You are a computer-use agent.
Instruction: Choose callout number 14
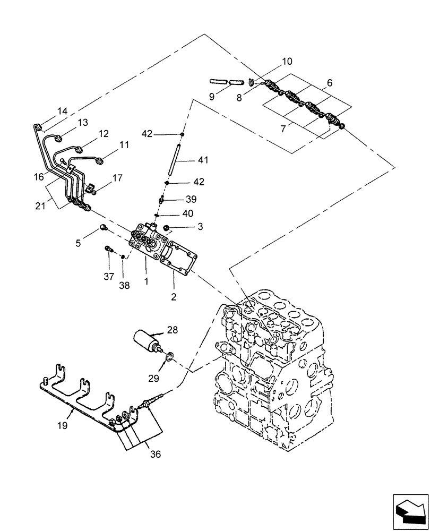point(63,111)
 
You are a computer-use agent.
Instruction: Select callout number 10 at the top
point(286,62)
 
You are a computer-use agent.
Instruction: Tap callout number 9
point(212,97)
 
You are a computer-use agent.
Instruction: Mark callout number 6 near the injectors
point(330,83)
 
